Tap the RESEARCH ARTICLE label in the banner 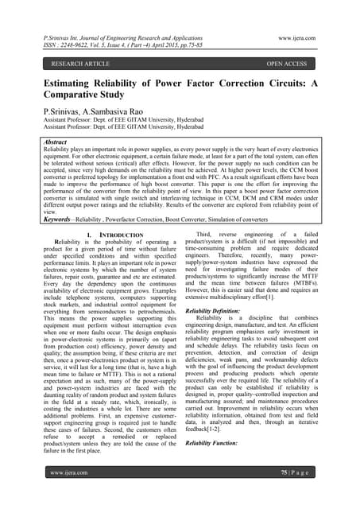[x=64, y=63]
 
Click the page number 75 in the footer [x=288, y=494]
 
